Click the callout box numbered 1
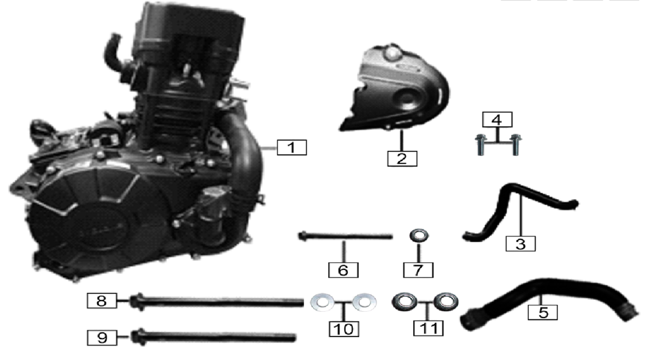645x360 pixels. pyautogui.click(x=291, y=148)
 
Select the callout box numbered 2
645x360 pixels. pyautogui.click(x=402, y=158)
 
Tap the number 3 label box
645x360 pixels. pyautogui.click(x=521, y=243)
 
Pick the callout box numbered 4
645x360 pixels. pyautogui.click(x=497, y=119)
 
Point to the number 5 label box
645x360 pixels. pyautogui.click(x=543, y=312)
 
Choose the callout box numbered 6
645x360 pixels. pyautogui.click(x=343, y=270)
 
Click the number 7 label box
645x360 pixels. pyautogui.click(x=418, y=270)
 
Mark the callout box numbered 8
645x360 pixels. pyautogui.click(x=102, y=301)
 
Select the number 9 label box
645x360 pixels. pyautogui.click(x=102, y=338)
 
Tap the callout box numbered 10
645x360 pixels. pyautogui.click(x=344, y=329)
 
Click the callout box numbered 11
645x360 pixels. pyautogui.click(x=429, y=328)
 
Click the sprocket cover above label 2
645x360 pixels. pyautogui.click(x=395, y=88)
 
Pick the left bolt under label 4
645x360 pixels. pyautogui.click(x=480, y=145)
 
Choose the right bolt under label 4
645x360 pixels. pyautogui.click(x=515, y=145)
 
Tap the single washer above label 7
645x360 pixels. pyautogui.click(x=419, y=236)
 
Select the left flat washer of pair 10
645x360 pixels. pyautogui.click(x=322, y=302)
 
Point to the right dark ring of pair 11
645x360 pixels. pyautogui.click(x=446, y=302)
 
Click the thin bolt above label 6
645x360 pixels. pyautogui.click(x=345, y=236)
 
